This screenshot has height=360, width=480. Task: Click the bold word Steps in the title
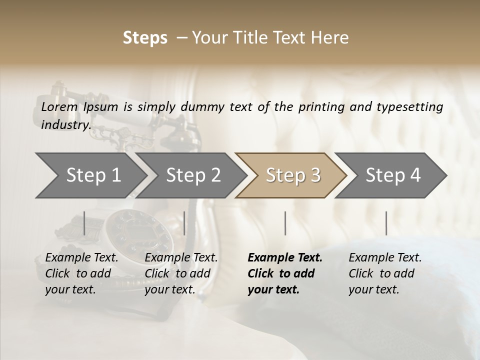[145, 38]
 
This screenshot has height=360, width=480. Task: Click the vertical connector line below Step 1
[84, 223]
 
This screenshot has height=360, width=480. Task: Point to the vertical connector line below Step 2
[184, 223]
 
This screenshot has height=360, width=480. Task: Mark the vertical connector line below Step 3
[285, 223]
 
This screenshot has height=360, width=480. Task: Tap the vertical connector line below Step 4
[386, 223]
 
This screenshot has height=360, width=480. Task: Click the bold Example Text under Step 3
[285, 258]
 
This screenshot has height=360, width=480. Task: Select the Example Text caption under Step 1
[81, 258]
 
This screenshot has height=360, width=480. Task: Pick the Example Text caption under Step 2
[181, 258]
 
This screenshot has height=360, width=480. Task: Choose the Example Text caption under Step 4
[385, 258]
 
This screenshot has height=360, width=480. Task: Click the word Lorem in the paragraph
[59, 106]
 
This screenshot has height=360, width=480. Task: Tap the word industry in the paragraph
[65, 125]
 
